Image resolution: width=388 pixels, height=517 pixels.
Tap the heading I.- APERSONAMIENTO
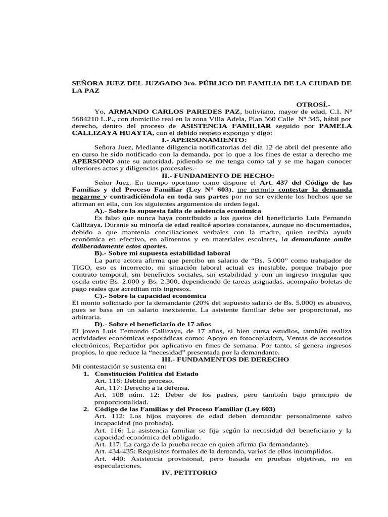[204, 139]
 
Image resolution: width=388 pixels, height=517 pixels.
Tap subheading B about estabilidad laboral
[162, 252]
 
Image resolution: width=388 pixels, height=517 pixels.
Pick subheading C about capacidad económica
[150, 295]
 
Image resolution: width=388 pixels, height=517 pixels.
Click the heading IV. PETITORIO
[188, 473]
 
